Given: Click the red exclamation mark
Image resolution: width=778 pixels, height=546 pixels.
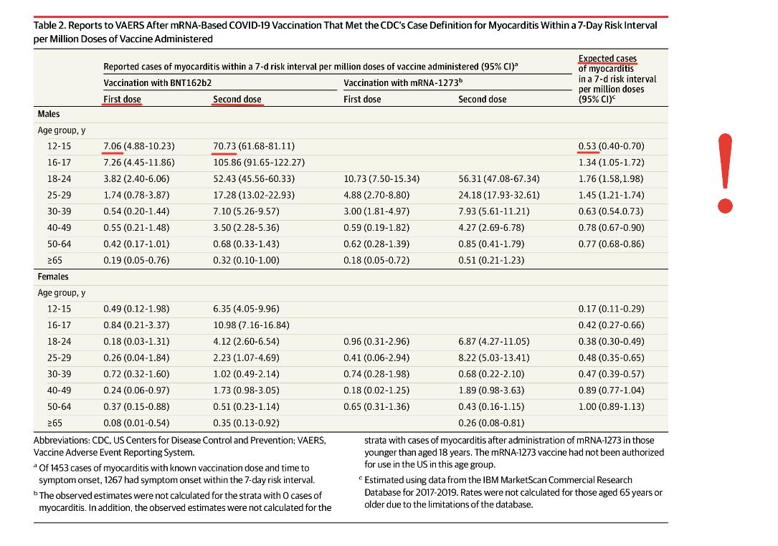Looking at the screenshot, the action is pyautogui.click(x=726, y=173).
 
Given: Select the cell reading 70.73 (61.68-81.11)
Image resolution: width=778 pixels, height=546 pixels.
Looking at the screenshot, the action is pyautogui.click(x=254, y=146).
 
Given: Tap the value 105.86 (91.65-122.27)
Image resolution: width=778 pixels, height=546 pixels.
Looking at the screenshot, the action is pyautogui.click(x=259, y=163).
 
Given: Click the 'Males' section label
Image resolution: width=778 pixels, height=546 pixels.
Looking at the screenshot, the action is pyautogui.click(x=49, y=114).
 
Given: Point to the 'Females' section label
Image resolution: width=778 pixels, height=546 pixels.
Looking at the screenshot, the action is pyautogui.click(x=53, y=277).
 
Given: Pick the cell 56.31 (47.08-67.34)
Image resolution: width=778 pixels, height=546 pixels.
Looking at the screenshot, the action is pyautogui.click(x=498, y=179).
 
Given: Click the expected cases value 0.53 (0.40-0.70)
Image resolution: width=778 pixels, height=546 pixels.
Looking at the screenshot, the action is pyautogui.click(x=611, y=146).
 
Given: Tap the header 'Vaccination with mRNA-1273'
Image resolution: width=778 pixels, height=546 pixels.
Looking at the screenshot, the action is pyautogui.click(x=403, y=83).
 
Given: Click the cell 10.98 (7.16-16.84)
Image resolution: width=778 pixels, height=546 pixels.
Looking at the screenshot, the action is pyautogui.click(x=251, y=325).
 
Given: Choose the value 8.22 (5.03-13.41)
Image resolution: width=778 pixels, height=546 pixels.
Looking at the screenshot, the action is pyautogui.click(x=494, y=358).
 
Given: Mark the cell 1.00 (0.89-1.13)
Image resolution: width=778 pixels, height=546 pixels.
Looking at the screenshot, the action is pyautogui.click(x=611, y=407).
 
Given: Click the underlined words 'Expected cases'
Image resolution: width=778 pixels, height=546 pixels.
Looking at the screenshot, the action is pyautogui.click(x=607, y=59).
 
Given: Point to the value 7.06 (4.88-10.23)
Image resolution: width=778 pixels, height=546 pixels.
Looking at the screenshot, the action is pyautogui.click(x=139, y=146).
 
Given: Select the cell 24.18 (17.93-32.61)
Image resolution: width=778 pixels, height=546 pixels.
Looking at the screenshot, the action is pyautogui.click(x=498, y=196).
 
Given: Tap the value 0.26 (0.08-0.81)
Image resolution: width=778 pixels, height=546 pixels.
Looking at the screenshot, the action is pyautogui.click(x=491, y=423).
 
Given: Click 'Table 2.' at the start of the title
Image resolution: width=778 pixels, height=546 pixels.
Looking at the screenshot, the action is pyautogui.click(x=49, y=25).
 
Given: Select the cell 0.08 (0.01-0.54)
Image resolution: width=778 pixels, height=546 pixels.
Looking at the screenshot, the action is pyautogui.click(x=136, y=423).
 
